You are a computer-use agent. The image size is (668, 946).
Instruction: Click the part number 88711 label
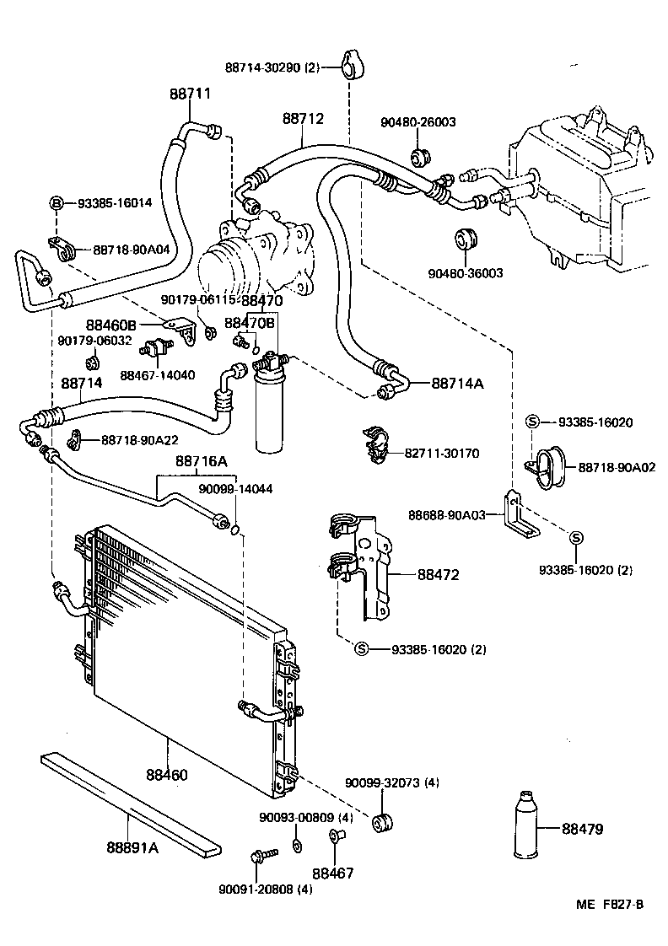tap(190, 94)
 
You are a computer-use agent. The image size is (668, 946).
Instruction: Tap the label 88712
tap(303, 118)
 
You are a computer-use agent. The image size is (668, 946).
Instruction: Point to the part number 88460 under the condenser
tap(167, 774)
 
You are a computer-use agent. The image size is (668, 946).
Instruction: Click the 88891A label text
tap(132, 847)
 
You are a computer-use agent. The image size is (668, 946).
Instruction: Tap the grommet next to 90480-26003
tap(420, 156)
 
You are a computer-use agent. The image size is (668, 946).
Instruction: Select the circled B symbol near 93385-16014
tap(57, 202)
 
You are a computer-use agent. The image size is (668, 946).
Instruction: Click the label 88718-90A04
tap(132, 250)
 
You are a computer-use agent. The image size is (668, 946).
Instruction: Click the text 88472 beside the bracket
tap(438, 574)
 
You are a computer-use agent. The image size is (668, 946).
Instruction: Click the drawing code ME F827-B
tap(610, 904)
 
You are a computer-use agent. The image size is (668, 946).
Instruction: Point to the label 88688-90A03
tap(446, 515)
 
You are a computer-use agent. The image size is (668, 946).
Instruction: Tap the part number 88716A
tap(202, 461)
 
